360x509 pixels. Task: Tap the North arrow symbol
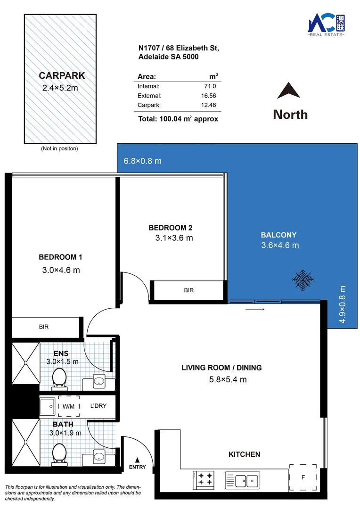289,91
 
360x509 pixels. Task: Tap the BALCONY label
279,235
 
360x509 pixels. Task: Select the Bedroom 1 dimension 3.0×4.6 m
61,270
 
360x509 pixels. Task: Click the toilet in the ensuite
59,378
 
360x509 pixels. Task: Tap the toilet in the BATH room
59,453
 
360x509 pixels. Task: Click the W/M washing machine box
69,406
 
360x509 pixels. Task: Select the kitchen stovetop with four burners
205,479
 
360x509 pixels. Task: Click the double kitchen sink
242,480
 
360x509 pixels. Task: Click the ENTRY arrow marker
137,459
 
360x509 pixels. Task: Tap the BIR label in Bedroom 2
188,290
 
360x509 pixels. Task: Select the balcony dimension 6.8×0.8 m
143,161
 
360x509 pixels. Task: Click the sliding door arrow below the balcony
255,310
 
